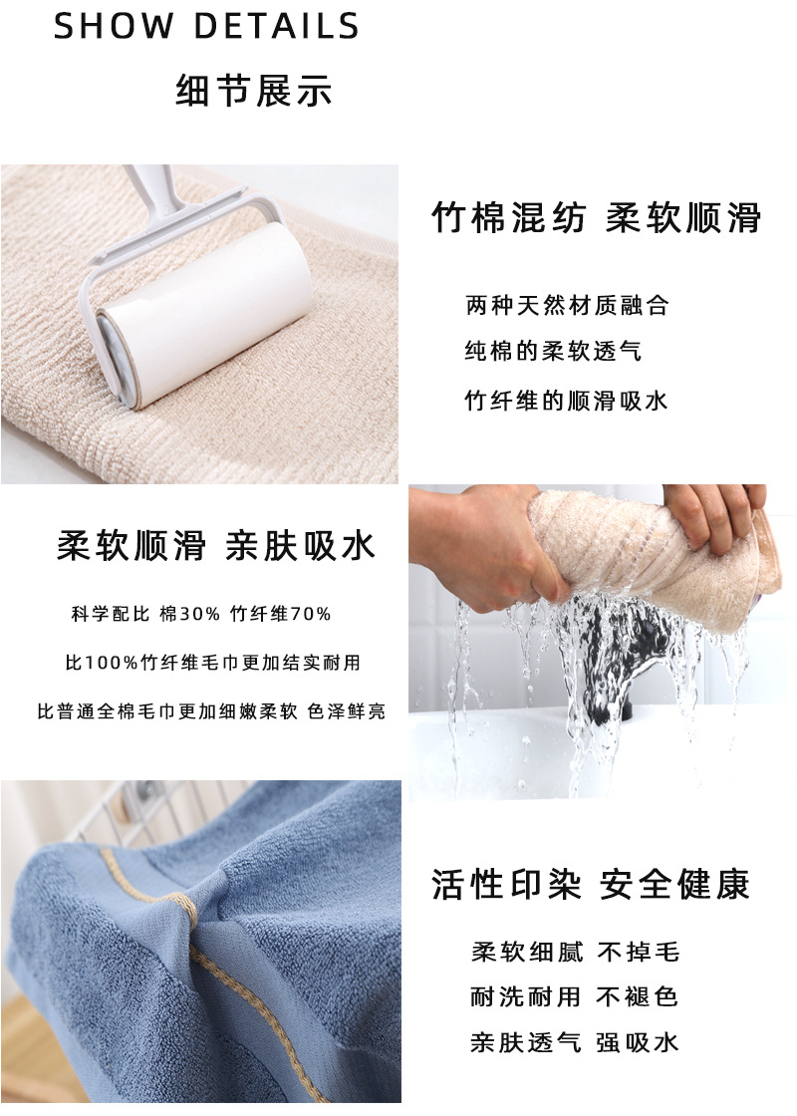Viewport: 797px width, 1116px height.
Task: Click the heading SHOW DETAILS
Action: pyautogui.click(x=206, y=27)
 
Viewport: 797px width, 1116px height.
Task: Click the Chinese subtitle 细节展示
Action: pyautogui.click(x=253, y=92)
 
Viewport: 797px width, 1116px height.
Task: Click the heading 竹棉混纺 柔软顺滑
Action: pyautogui.click(x=597, y=217)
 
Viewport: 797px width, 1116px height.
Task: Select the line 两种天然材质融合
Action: pyautogui.click(x=567, y=306)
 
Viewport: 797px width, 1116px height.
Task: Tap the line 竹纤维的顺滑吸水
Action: pyautogui.click(x=567, y=401)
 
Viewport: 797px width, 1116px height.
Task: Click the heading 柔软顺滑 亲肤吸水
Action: pyautogui.click(x=216, y=546)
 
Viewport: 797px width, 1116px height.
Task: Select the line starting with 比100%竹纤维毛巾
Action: pyautogui.click(x=212, y=663)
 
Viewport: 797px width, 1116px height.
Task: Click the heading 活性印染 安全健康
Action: pyautogui.click(x=591, y=885)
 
